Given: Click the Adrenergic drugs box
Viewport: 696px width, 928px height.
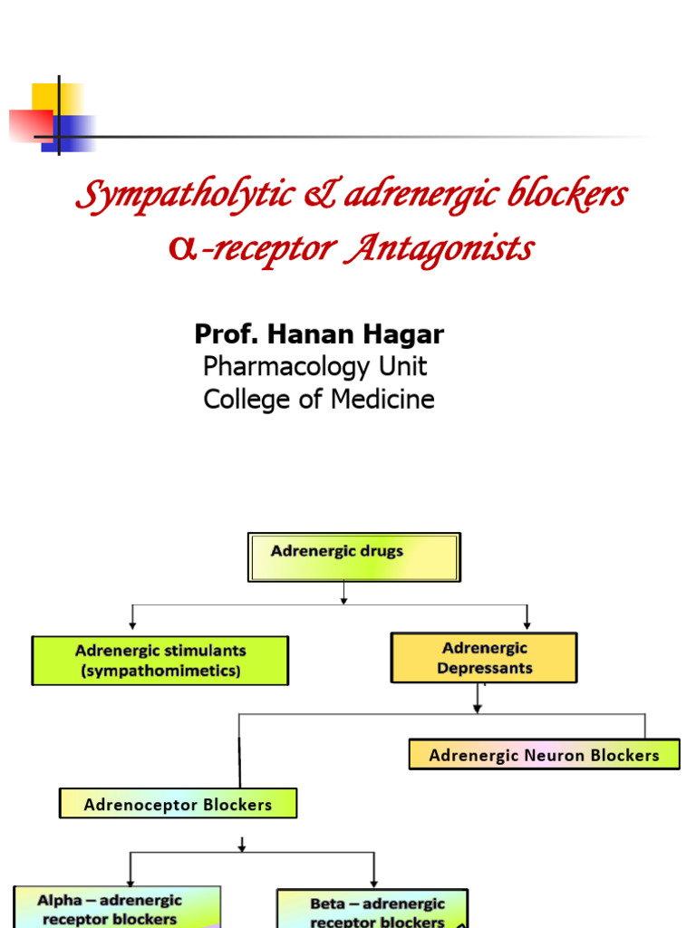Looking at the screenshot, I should [354, 556].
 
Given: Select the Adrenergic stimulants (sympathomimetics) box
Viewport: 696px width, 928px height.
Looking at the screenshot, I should [159, 661].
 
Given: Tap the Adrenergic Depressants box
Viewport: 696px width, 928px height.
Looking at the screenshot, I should [484, 658].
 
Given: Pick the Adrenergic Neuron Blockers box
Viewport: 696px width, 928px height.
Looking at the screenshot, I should [544, 755].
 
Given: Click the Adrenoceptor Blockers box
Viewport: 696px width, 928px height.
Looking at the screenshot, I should [178, 804].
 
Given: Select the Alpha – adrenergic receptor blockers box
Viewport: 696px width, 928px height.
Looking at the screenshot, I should [116, 907].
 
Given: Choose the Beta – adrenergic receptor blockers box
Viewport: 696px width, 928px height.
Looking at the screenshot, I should [372, 909].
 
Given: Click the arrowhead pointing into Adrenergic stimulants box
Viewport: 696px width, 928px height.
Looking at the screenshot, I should [133, 624].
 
